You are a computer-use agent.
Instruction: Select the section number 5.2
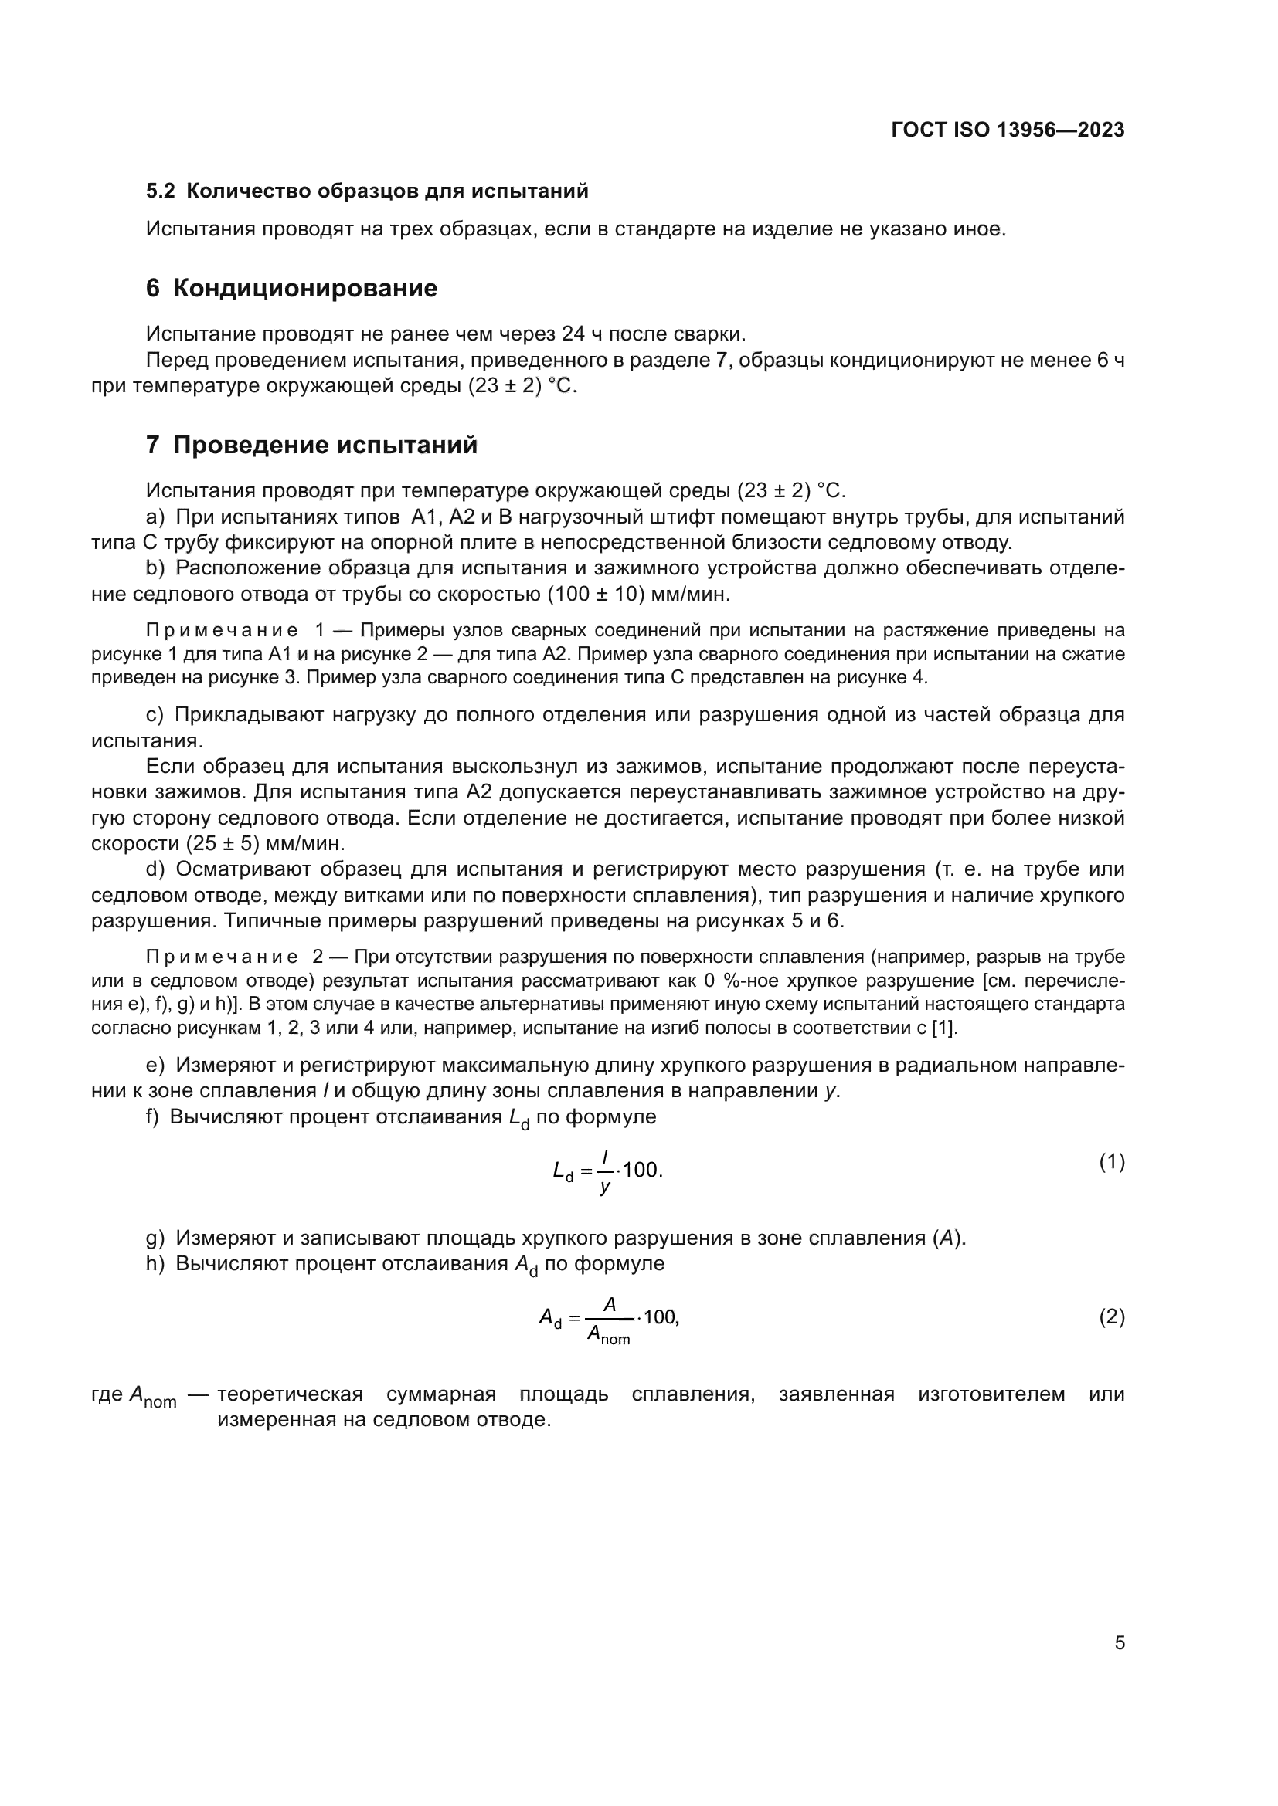pos(161,191)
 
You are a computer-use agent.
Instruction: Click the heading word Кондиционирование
pos(304,289)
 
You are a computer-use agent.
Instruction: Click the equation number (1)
pos(1111,1163)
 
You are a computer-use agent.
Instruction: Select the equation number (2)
pos(1111,1316)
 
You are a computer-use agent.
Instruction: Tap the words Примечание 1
pos(236,631)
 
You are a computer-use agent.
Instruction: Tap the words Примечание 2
pos(236,957)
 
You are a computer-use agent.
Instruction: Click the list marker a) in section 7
pos(155,517)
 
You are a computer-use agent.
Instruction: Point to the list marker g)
pos(155,1238)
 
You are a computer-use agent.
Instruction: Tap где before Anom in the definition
pos(107,1394)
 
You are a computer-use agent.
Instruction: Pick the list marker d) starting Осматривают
pos(155,869)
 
